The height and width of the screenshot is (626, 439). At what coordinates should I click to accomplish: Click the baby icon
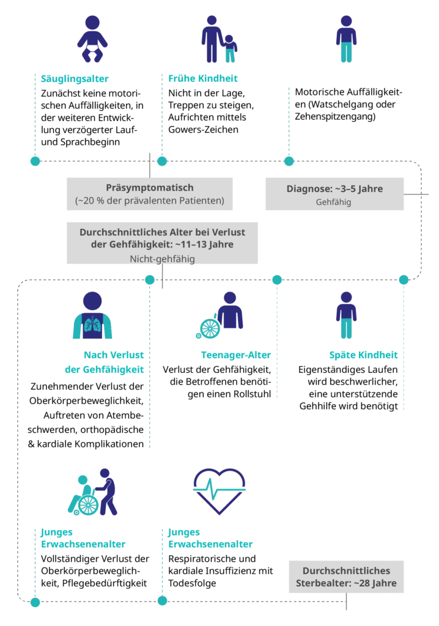(92, 40)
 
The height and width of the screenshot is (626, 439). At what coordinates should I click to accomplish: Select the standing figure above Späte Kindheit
(345, 315)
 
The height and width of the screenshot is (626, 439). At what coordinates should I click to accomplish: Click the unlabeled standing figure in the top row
(345, 40)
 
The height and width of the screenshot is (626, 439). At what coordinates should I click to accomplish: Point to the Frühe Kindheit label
(200, 78)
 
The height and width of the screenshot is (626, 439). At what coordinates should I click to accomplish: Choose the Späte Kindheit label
(363, 355)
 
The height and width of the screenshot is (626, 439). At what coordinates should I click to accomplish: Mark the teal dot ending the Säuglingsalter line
(35, 161)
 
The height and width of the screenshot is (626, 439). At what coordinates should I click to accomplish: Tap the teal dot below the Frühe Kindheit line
(162, 161)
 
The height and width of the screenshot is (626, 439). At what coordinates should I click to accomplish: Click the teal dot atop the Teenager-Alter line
(276, 280)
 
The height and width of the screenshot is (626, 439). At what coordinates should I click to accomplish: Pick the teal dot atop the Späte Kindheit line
(404, 280)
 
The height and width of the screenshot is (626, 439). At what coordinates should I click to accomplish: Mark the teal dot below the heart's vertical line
(162, 600)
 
